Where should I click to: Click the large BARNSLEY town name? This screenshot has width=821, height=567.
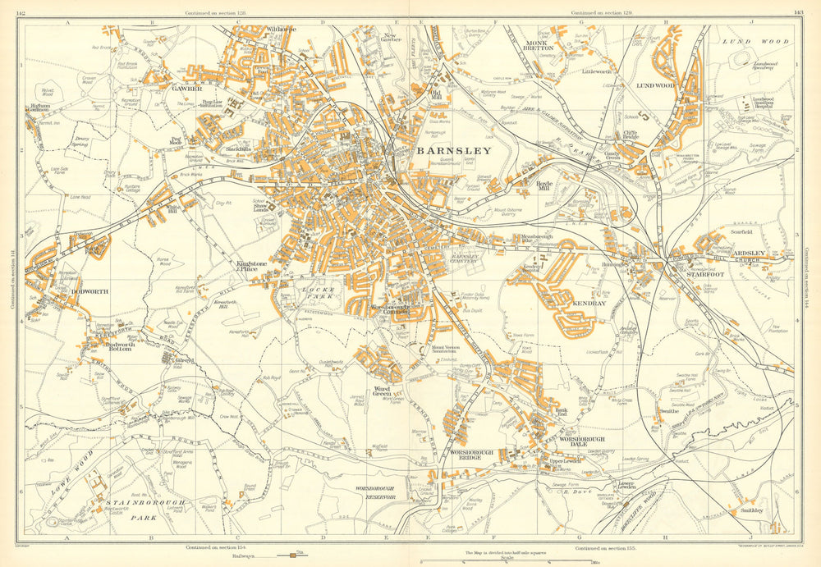tap(454, 151)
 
